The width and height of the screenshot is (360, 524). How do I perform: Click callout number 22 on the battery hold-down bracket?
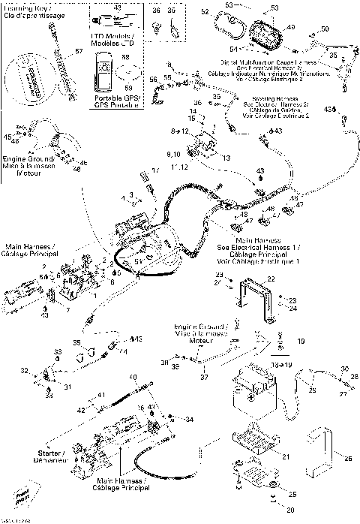[271, 279]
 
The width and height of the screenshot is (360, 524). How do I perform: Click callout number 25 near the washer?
[292, 494]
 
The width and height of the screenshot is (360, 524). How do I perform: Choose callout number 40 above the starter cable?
[132, 376]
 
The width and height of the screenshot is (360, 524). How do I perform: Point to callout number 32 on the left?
[23, 370]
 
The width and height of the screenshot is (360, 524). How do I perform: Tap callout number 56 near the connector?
[153, 79]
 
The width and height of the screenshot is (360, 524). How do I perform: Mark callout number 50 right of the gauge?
[324, 29]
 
